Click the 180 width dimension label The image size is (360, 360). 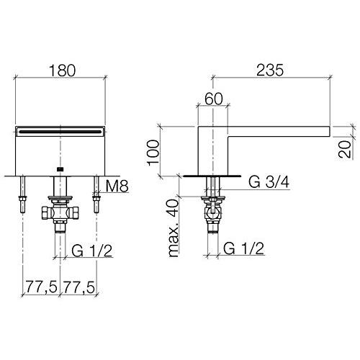coord(62,71)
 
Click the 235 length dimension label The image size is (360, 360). coord(270,71)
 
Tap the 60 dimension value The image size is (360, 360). coord(214,99)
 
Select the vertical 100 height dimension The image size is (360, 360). coord(153,153)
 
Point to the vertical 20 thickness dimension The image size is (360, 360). coord(345,149)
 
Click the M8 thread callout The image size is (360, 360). coord(117,186)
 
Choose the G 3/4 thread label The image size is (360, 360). coord(269,182)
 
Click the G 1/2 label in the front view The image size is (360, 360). coord(92,251)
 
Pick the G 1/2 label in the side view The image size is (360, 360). coord(244,248)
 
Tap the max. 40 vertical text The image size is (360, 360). coord(174,228)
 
